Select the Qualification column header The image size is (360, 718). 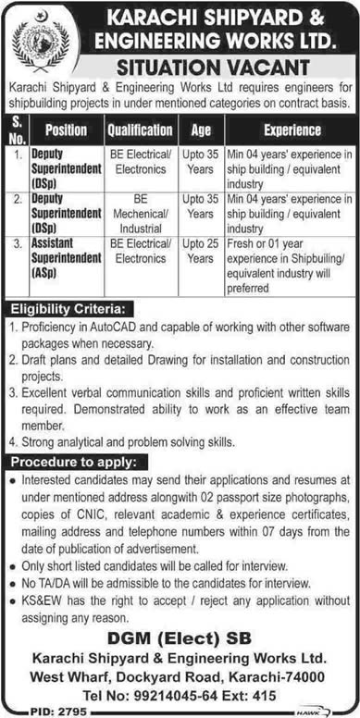[x=141, y=130]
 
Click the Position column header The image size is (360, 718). [x=66, y=130]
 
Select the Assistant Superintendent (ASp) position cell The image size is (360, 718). [x=66, y=261]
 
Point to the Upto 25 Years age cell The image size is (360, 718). [x=199, y=254]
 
